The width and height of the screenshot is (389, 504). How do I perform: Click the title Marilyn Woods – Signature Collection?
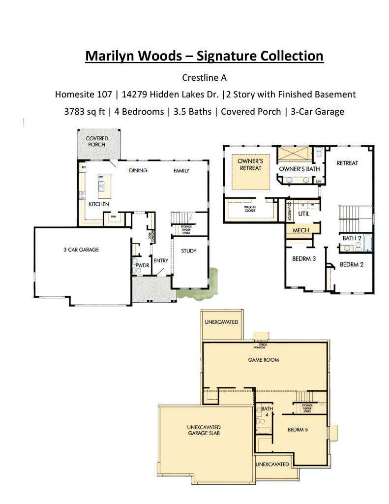204,56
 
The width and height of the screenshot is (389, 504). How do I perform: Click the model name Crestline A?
204,77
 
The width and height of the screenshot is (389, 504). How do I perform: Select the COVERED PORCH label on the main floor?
97,141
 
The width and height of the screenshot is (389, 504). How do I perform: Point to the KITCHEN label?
98,204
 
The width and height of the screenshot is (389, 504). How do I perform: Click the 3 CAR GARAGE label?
81,250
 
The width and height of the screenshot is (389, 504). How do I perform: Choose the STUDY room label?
188,251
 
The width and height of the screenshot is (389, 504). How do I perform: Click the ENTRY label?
161,260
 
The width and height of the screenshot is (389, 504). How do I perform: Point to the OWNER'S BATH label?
299,169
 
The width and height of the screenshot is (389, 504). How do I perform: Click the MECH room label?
300,230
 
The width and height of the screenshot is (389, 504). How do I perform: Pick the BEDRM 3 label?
304,259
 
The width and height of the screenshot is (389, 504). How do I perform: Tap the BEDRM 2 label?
352,264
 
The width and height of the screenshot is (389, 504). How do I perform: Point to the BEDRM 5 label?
298,430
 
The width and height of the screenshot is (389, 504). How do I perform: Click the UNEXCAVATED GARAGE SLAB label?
204,430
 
